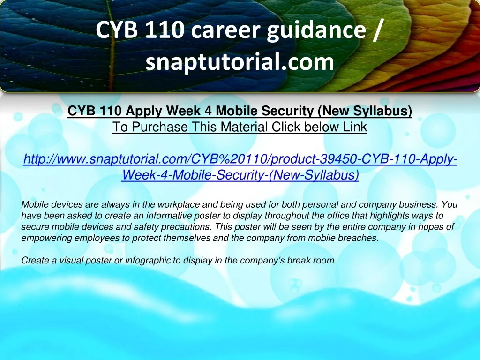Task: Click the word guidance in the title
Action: [x=316, y=31]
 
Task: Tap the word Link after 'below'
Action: [x=355, y=127]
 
